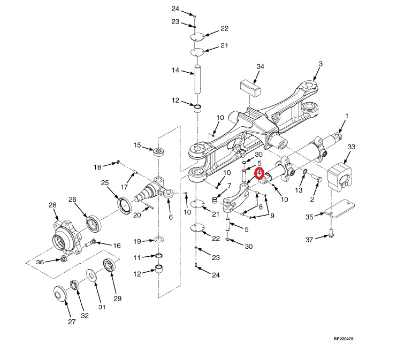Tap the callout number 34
click(260, 66)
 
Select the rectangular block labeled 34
click(249, 86)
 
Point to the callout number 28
click(52, 205)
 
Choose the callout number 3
click(320, 64)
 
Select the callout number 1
click(346, 116)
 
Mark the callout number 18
click(97, 167)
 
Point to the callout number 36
click(39, 262)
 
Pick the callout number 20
click(136, 215)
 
